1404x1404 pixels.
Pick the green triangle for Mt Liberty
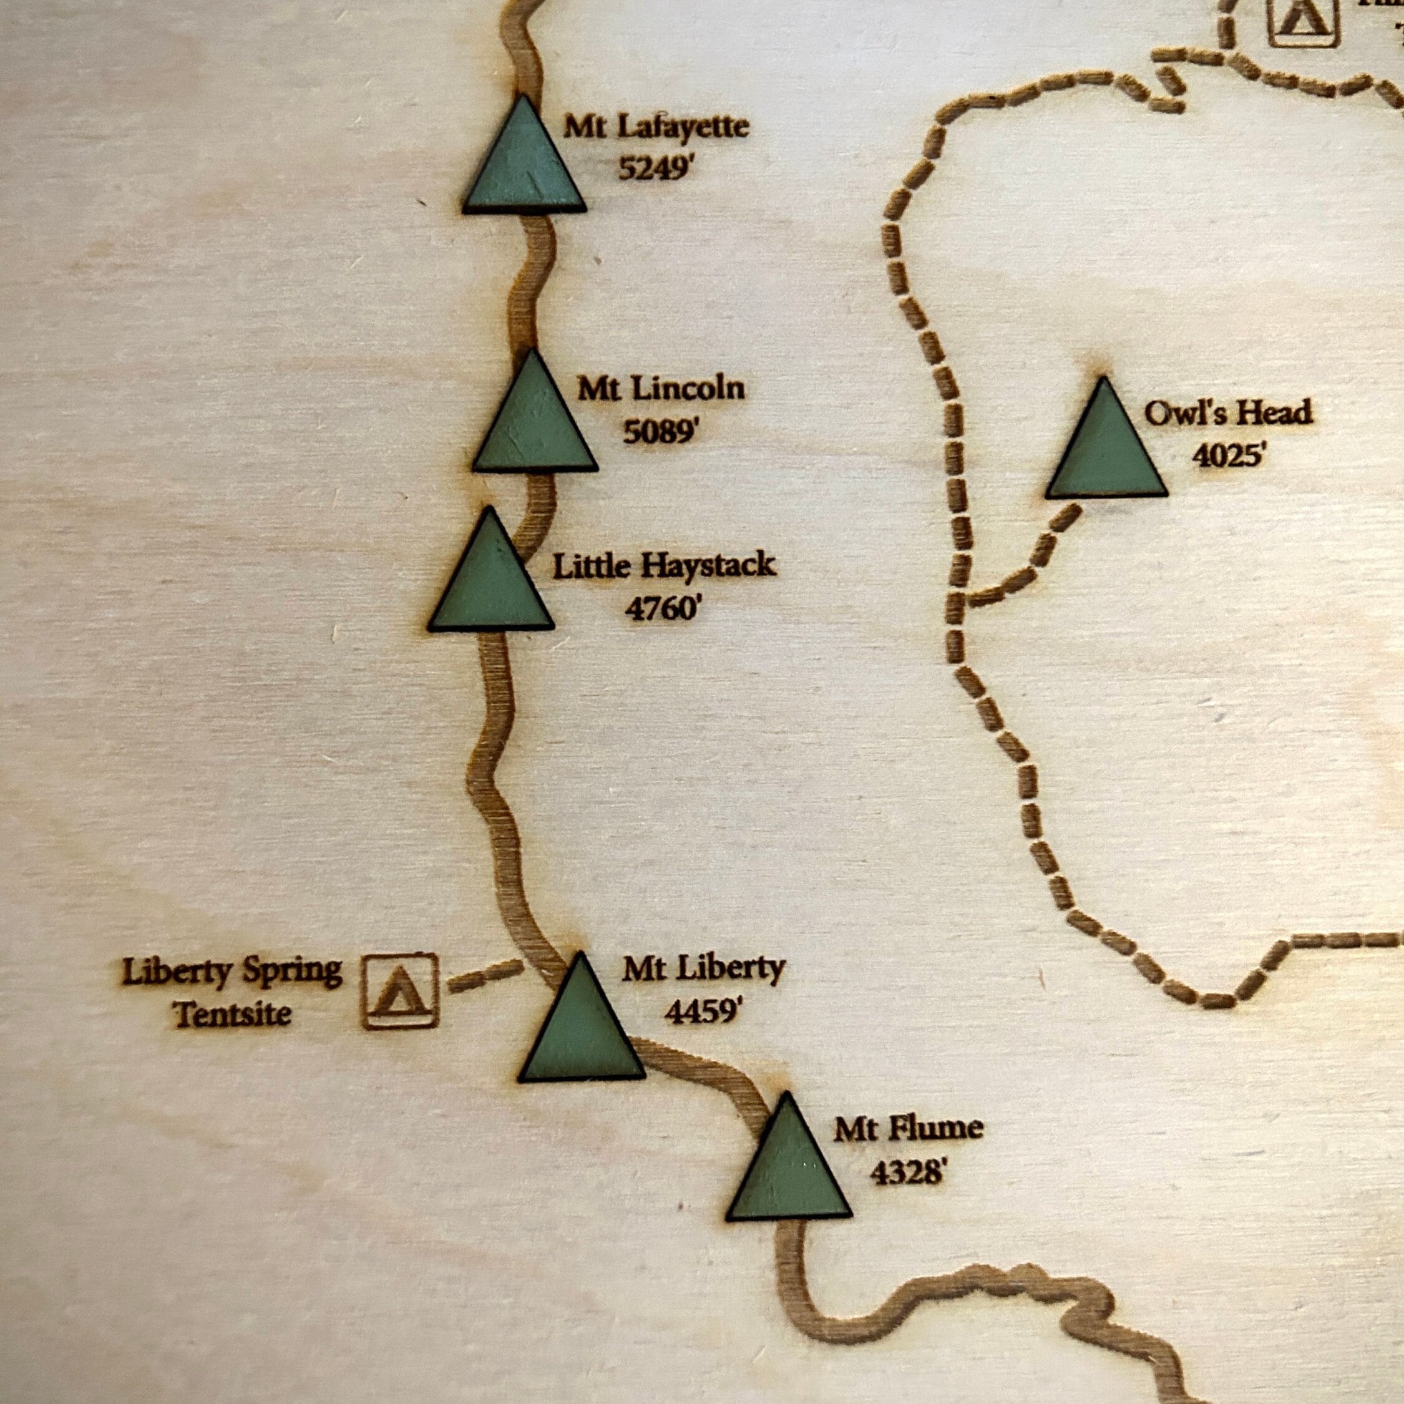click(582, 1028)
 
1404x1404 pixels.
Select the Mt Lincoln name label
click(661, 389)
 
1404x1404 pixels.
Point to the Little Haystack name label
click(664, 566)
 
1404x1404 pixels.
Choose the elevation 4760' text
click(662, 609)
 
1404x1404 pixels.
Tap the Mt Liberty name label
click(703, 968)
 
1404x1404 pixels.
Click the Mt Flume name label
click(908, 1129)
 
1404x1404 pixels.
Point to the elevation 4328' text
click(908, 1172)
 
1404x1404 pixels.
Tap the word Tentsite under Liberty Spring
click(233, 1014)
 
